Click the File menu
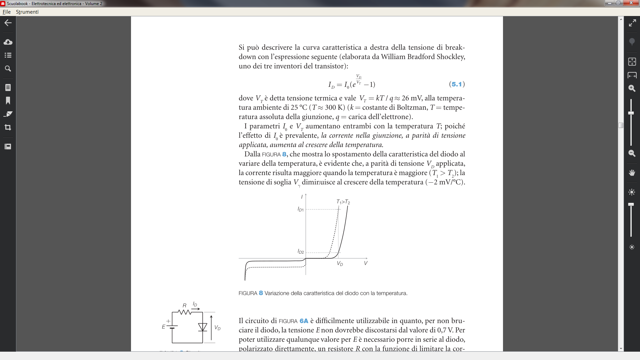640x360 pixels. coord(7,12)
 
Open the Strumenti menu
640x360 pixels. coord(27,12)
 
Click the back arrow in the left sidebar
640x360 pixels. coord(8,23)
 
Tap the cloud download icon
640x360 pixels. coord(8,42)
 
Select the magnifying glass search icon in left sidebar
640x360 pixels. coord(8,69)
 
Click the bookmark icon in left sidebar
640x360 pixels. coord(8,101)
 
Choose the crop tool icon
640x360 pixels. coord(8,127)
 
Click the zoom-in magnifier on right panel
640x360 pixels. coord(632,88)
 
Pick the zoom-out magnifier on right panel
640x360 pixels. coord(632,153)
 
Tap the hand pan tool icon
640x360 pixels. coord(632,173)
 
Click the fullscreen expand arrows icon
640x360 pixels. coord(632,23)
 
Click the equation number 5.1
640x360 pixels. coord(457,84)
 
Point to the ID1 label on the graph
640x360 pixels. coord(301,209)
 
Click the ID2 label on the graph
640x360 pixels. coord(301,252)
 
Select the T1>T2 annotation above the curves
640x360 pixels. coord(343,202)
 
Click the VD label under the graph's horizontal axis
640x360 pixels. coord(340,264)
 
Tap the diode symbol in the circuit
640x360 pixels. coord(202,327)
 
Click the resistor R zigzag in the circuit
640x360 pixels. coord(184,312)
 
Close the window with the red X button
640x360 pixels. coord(631,3)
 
